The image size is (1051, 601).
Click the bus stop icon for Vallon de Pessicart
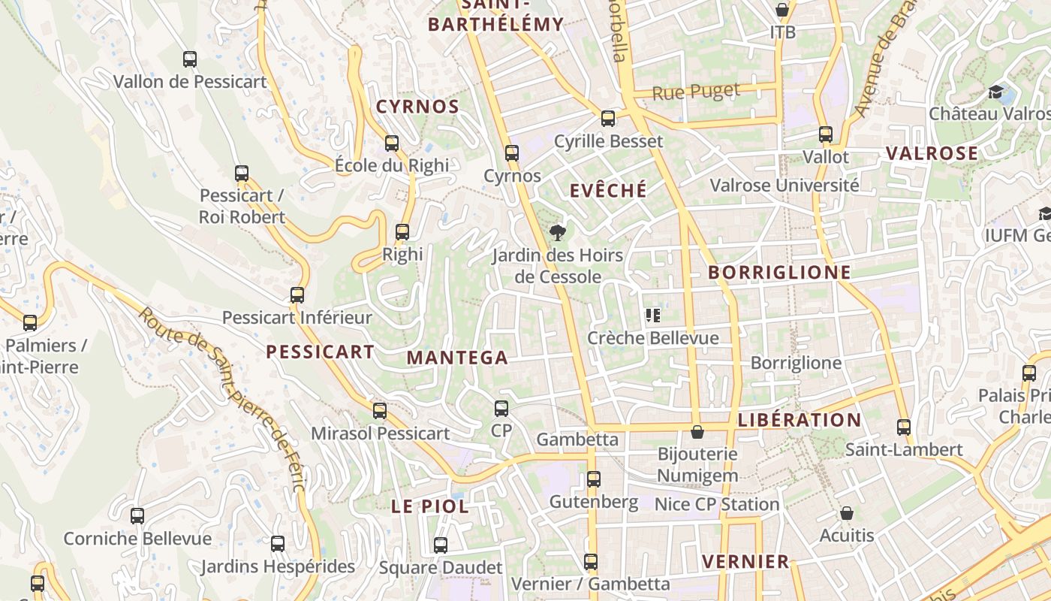click(x=190, y=59)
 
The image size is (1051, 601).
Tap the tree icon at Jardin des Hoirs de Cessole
click(x=558, y=233)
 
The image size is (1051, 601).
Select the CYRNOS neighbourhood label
click(x=417, y=107)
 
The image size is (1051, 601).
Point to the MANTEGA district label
click(x=457, y=358)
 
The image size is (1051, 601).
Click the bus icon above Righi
click(x=402, y=232)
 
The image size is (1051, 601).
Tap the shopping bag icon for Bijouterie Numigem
click(x=697, y=432)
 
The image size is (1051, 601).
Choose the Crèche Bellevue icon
click(x=652, y=316)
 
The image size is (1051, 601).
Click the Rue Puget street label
click(x=696, y=92)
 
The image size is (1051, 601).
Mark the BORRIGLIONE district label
click(x=780, y=273)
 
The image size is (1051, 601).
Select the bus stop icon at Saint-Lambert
click(x=904, y=427)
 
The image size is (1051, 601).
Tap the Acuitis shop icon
click(x=847, y=513)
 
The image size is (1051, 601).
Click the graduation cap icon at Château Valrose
click(x=996, y=92)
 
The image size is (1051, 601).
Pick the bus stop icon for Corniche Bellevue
click(x=137, y=516)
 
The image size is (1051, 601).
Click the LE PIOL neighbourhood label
click(x=430, y=506)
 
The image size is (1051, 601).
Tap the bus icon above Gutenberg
click(x=594, y=479)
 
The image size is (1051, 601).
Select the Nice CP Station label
click(x=717, y=504)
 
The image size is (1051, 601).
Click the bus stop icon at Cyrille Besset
click(x=608, y=119)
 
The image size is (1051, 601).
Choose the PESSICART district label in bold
click(x=321, y=352)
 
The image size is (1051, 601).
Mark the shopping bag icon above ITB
click(x=782, y=11)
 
